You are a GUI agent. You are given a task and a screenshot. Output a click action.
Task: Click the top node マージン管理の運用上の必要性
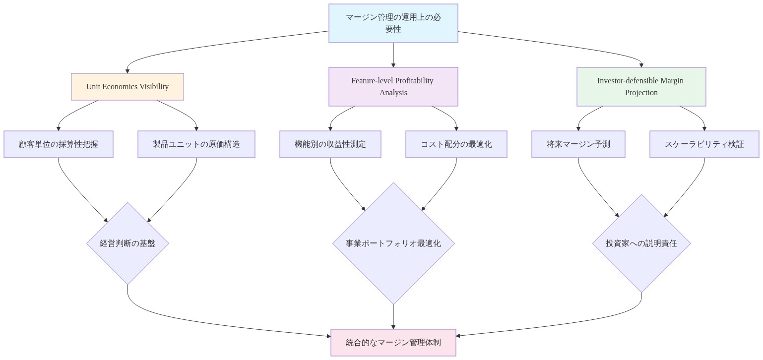point(393,23)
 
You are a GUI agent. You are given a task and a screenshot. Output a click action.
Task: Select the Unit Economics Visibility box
point(127,87)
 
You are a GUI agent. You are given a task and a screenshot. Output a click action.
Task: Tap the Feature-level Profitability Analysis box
point(393,87)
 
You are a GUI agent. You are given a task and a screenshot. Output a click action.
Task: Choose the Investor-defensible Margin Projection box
point(641,87)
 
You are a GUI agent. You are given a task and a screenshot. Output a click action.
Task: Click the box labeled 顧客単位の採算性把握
point(59,144)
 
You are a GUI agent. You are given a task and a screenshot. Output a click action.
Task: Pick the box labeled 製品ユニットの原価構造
point(196,144)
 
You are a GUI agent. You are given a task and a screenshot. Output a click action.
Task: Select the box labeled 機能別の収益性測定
point(330,144)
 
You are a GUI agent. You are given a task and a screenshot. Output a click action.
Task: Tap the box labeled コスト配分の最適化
point(456,144)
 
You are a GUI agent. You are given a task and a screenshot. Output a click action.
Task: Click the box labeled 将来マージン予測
point(578,144)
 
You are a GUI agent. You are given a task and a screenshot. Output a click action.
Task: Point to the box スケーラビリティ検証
point(704,144)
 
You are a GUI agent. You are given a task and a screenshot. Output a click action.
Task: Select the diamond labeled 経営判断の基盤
point(127,243)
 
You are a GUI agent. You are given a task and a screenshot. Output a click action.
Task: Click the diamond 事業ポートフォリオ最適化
point(393,243)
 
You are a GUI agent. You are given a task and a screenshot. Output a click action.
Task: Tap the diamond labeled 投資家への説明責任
point(641,243)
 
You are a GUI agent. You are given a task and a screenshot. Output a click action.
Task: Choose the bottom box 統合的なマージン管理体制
point(393,343)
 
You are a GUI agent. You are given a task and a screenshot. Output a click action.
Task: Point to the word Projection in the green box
point(641,93)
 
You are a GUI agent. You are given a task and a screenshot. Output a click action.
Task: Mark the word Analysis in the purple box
point(393,93)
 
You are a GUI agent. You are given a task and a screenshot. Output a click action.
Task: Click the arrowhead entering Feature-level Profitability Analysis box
point(393,65)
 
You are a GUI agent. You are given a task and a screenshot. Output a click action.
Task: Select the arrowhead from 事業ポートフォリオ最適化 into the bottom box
point(393,327)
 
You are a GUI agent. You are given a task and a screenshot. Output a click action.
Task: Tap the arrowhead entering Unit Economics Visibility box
point(127,71)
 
